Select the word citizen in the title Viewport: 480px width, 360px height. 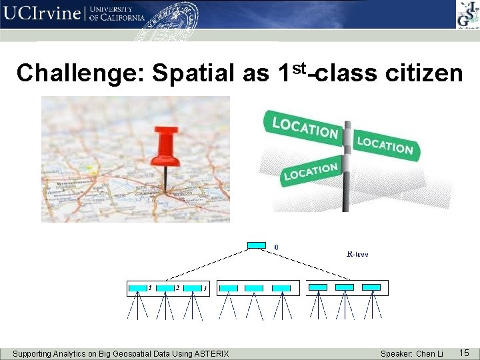(x=424, y=73)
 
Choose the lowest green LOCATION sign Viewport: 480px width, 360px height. (x=311, y=172)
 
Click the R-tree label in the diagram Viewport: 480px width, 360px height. (x=358, y=254)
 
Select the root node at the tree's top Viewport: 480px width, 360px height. (x=256, y=245)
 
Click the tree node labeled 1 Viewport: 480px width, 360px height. (x=138, y=288)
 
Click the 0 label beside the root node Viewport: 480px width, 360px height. (x=277, y=247)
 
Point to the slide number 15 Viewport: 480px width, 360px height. (x=464, y=351)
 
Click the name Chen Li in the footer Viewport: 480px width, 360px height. (x=429, y=353)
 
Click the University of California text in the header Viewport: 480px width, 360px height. (x=117, y=14)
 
